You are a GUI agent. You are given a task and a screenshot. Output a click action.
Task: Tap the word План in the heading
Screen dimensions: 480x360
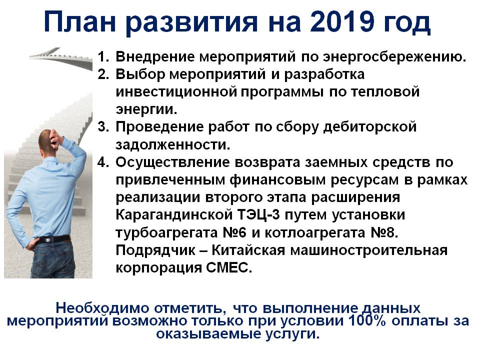click(79, 22)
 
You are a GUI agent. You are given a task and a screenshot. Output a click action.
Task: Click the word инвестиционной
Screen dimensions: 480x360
click(176, 92)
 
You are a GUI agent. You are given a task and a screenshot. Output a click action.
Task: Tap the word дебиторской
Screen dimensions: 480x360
click(370, 127)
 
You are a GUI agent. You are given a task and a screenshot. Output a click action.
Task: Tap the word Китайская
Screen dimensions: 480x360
click(248, 250)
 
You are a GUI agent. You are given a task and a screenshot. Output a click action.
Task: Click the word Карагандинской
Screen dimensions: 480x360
click(174, 215)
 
